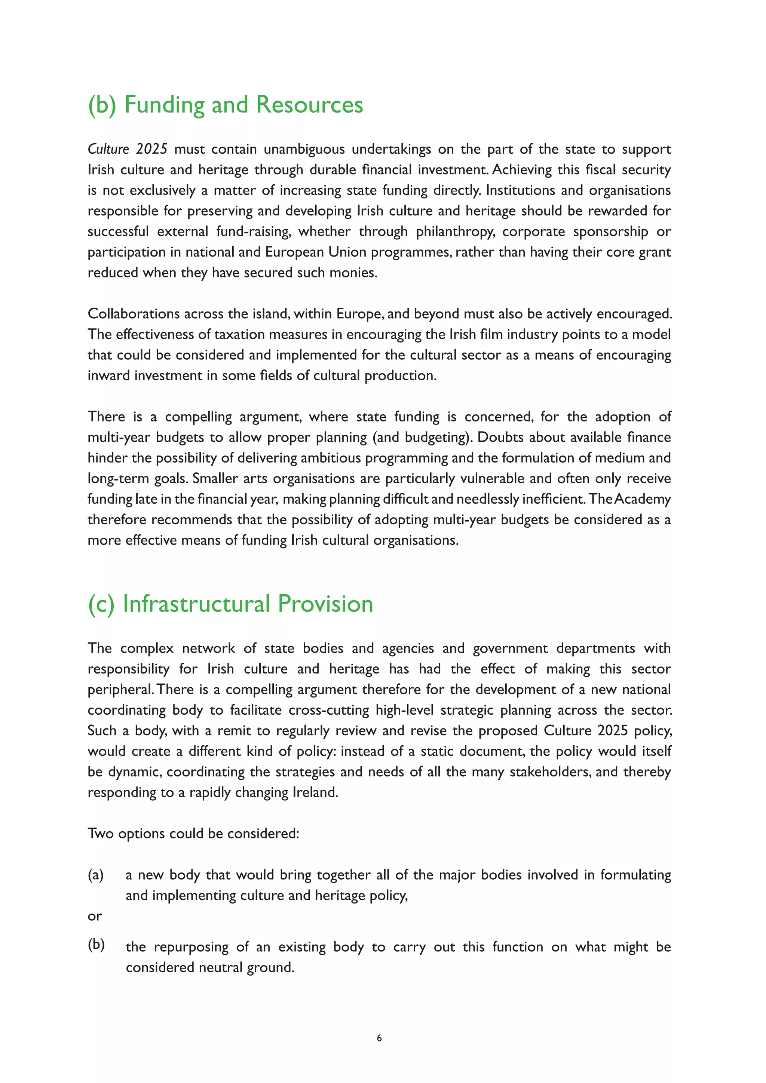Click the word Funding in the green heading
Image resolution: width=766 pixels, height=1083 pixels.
coord(164,105)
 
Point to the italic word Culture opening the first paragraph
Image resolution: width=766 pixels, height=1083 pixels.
coord(108,149)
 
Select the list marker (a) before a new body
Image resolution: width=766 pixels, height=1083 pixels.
coord(96,875)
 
